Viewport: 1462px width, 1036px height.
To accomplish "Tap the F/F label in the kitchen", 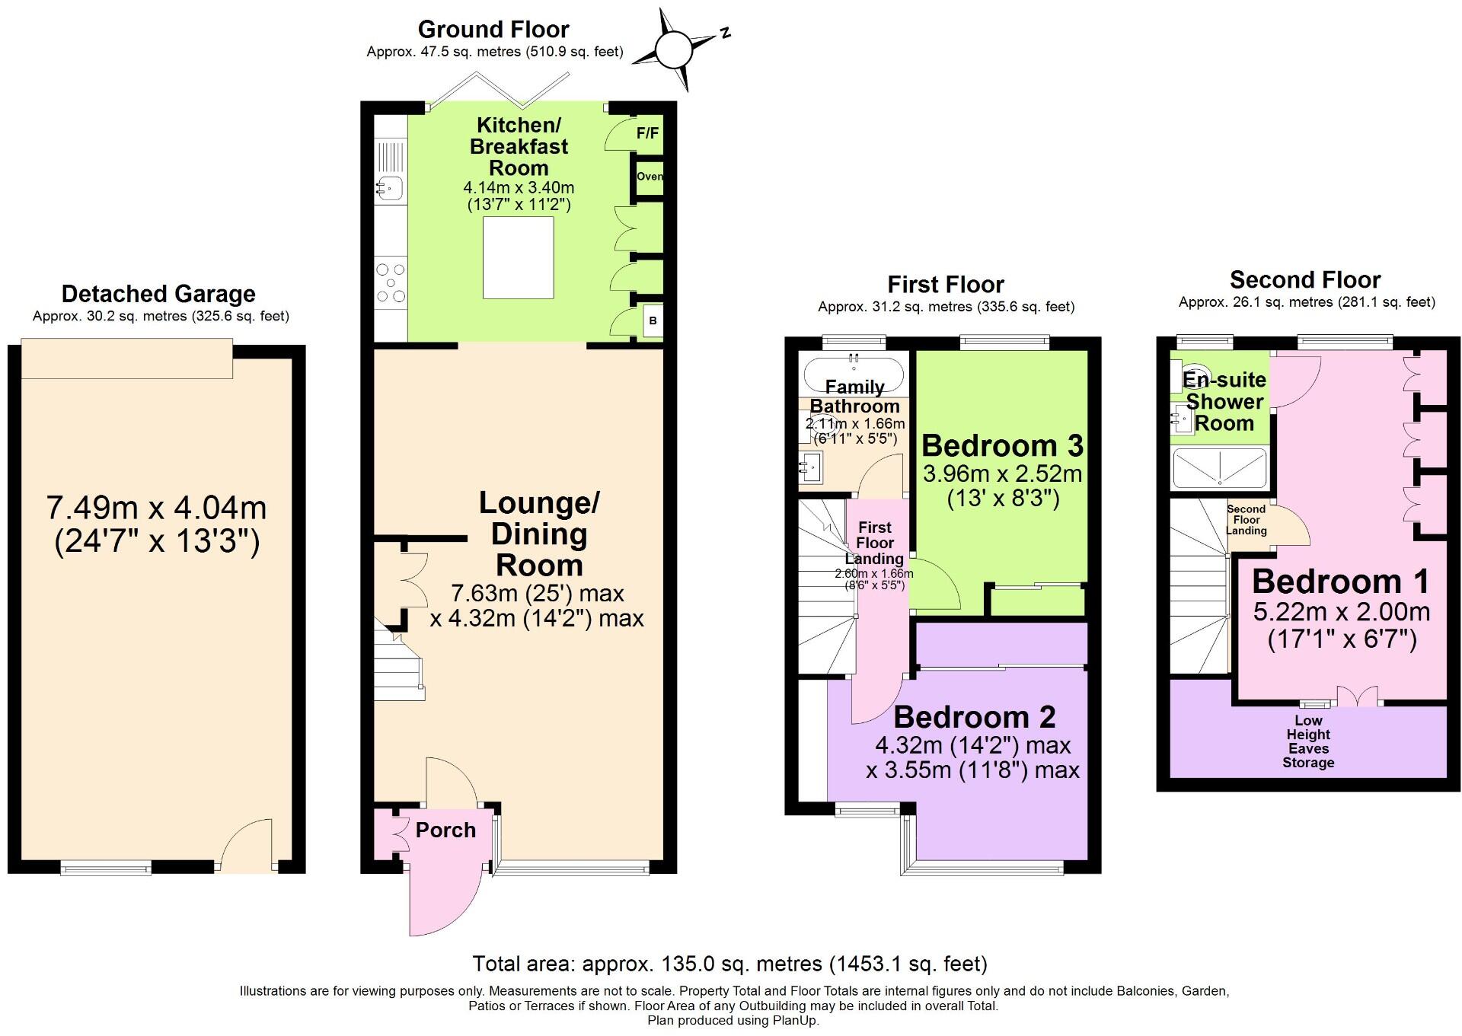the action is [647, 134].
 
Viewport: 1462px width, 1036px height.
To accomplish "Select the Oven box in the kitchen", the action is [650, 177].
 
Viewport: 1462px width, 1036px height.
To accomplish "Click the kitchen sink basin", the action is [390, 187].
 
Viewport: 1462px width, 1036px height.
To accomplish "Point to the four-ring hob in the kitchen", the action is [391, 282].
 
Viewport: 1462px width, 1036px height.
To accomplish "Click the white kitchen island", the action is [518, 257].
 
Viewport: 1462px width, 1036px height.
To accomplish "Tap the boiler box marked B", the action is [653, 321].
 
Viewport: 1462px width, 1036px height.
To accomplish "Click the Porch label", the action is [445, 830].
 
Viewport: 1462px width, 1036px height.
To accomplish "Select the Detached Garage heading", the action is [158, 294].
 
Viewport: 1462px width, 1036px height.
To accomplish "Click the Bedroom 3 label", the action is [1002, 445].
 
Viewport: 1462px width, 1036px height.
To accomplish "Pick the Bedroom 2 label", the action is [975, 717].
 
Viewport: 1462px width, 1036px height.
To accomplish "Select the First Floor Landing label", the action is [874, 543].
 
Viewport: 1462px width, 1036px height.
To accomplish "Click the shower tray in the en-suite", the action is [1220, 467].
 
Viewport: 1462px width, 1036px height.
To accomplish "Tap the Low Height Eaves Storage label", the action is [1308, 741].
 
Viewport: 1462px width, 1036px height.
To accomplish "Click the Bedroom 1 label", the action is [1341, 582].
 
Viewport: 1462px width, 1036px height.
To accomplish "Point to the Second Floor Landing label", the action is [1247, 520].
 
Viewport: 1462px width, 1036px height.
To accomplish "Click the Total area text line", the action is [729, 964].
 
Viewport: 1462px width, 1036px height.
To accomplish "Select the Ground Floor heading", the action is [493, 30].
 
